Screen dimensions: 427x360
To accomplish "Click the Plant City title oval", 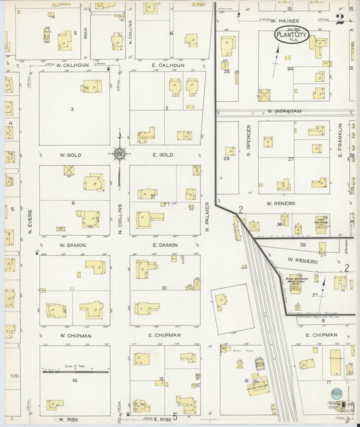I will [x=291, y=36].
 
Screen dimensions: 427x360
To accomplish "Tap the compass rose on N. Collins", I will [x=120, y=155].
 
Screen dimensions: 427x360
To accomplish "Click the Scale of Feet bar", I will [x=76, y=371].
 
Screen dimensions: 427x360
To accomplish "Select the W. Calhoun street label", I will [x=74, y=66].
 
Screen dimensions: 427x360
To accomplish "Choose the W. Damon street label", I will [x=72, y=245].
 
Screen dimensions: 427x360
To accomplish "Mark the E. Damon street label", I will [x=164, y=245].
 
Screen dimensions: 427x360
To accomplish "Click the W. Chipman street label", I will [x=75, y=335].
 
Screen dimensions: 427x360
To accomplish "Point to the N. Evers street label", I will [x=30, y=224].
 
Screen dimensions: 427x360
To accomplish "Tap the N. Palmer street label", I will [x=207, y=216].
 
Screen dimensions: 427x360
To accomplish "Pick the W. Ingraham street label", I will [x=283, y=110].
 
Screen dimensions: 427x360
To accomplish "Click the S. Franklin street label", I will [x=340, y=141].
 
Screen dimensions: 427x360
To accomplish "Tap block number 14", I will [x=76, y=381].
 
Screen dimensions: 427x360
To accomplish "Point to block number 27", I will [x=291, y=159].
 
